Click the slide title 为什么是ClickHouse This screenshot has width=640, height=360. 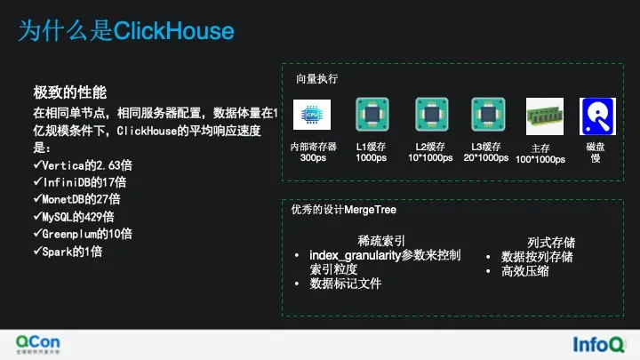click(x=126, y=32)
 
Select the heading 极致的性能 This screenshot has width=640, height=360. click(x=69, y=92)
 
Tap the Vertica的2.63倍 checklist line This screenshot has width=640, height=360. click(x=81, y=164)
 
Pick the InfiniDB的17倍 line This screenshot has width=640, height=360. click(x=78, y=181)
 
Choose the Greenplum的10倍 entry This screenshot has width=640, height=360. click(x=82, y=234)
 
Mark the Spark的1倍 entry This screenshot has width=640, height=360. click(x=67, y=252)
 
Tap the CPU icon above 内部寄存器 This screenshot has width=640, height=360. click(x=312, y=116)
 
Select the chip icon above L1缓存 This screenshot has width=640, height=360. click(x=372, y=116)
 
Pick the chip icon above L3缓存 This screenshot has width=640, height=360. click(x=488, y=116)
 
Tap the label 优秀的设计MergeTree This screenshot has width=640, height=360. click(x=343, y=210)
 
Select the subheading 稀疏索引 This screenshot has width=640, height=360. click(x=381, y=240)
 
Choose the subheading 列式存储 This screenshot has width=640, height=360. click(x=550, y=242)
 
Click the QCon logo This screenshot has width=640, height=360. click(x=39, y=342)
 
